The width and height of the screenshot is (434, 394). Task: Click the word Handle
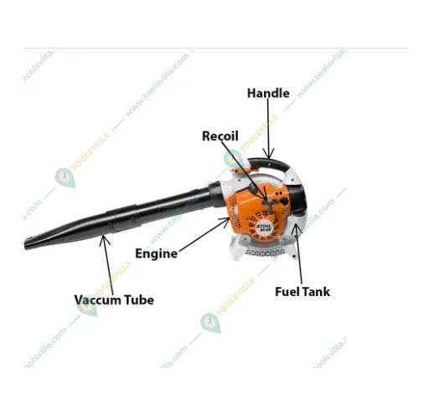point(268,93)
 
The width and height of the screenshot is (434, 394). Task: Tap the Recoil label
point(220,136)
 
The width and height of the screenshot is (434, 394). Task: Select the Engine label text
point(156,253)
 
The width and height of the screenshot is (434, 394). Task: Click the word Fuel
point(289,292)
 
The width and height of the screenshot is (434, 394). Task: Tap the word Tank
point(316,292)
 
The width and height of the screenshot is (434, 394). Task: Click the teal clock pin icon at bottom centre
point(210,323)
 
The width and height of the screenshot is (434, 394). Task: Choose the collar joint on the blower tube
point(126,219)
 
